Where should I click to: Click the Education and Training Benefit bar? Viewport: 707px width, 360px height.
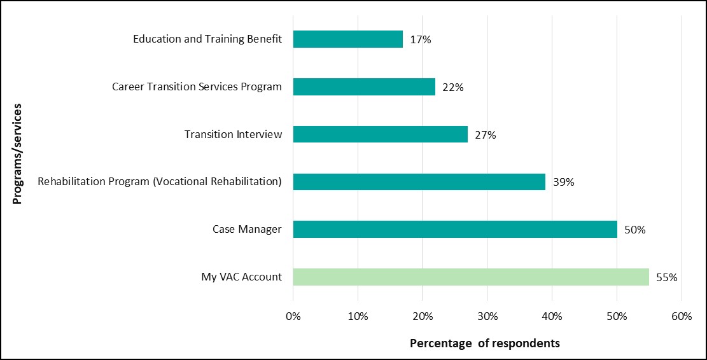click(347, 39)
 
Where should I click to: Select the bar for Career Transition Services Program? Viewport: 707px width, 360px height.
click(364, 87)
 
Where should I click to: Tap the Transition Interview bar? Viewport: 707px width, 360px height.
click(380, 134)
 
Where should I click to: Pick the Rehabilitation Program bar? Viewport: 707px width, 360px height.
click(419, 182)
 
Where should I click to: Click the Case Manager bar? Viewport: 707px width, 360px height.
click(454, 229)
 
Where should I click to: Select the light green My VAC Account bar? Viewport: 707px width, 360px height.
click(471, 277)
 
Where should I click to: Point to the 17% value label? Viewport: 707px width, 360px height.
click(421, 39)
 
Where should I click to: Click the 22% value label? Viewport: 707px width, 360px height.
click(453, 87)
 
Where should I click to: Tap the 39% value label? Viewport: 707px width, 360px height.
click(564, 182)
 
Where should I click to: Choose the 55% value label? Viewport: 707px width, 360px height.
click(667, 277)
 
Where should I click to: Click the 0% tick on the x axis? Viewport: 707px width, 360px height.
click(293, 316)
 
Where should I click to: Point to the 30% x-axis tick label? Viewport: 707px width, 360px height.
click(487, 316)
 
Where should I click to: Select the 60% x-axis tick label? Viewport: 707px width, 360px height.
click(681, 316)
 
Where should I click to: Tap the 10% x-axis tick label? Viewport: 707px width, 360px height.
click(358, 316)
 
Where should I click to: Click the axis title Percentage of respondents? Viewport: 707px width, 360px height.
click(485, 343)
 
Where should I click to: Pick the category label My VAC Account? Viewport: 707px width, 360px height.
click(241, 277)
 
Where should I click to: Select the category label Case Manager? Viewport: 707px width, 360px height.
click(247, 229)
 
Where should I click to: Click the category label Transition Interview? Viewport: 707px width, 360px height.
click(233, 134)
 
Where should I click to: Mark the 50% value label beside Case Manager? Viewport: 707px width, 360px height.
click(634, 230)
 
